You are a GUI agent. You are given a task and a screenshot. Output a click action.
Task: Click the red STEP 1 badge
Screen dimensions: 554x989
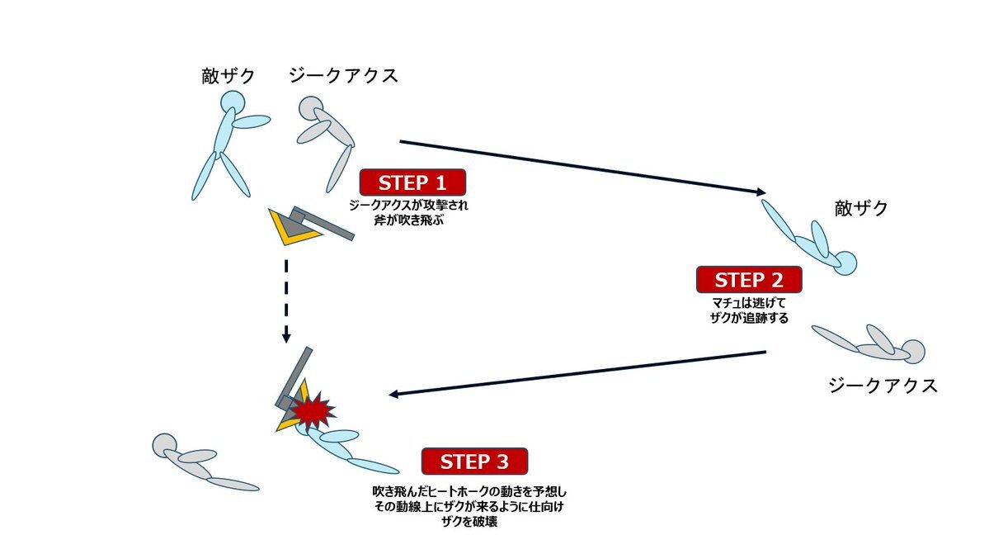click(x=412, y=182)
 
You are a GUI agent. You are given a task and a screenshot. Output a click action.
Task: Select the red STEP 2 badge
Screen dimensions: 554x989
click(x=748, y=279)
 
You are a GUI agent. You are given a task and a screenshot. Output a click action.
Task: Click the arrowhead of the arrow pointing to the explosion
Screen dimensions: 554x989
click(x=394, y=394)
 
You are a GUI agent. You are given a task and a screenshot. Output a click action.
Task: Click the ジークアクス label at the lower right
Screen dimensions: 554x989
click(x=883, y=386)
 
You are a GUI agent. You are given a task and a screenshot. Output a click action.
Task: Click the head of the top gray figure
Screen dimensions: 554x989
click(x=310, y=109)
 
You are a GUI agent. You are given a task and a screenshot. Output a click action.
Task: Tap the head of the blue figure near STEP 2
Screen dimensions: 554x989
click(x=846, y=263)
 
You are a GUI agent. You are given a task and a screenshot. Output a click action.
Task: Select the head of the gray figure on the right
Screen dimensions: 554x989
click(x=912, y=351)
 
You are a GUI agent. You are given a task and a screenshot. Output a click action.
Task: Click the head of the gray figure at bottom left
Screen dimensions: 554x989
click(x=164, y=446)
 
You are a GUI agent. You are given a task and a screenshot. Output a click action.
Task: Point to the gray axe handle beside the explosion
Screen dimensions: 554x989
click(x=297, y=372)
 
